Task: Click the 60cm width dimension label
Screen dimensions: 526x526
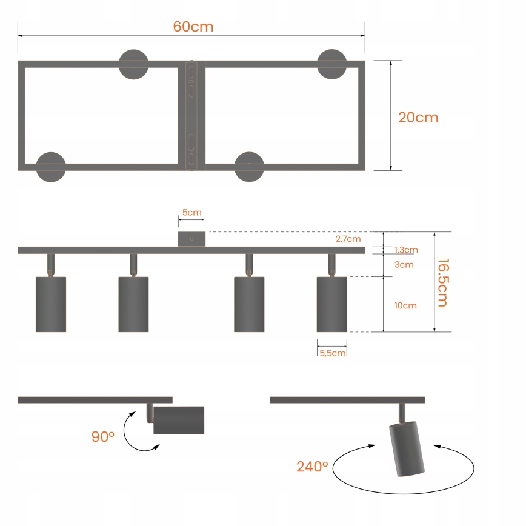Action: pos(193,27)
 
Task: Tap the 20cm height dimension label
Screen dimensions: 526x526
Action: pos(418,117)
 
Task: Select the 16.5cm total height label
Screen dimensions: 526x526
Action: pos(442,282)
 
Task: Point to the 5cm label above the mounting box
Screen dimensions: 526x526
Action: pos(191,213)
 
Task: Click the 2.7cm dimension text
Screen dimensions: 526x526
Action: pos(348,239)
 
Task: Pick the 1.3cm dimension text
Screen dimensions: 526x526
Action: pos(405,250)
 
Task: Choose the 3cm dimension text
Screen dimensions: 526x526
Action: pos(404,265)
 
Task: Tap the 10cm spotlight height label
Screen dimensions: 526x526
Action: pos(405,305)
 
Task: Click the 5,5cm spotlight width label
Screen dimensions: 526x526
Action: pos(332,353)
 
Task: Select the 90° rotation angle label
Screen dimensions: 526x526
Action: pos(103,436)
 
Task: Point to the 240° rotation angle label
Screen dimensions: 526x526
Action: pos(312,467)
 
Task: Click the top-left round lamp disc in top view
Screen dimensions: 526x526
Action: pos(133,64)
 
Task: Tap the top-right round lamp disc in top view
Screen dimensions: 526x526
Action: pos(332,64)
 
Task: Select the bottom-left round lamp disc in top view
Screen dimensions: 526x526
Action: pos(51,167)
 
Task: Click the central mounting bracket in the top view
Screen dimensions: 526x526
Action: pos(191,115)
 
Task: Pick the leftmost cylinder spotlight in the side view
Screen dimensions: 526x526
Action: pos(51,304)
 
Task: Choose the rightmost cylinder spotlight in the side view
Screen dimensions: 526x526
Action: pos(331,304)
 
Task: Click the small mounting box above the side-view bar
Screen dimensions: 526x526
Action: pos(191,239)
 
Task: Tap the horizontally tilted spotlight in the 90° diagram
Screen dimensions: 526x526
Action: pos(178,420)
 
